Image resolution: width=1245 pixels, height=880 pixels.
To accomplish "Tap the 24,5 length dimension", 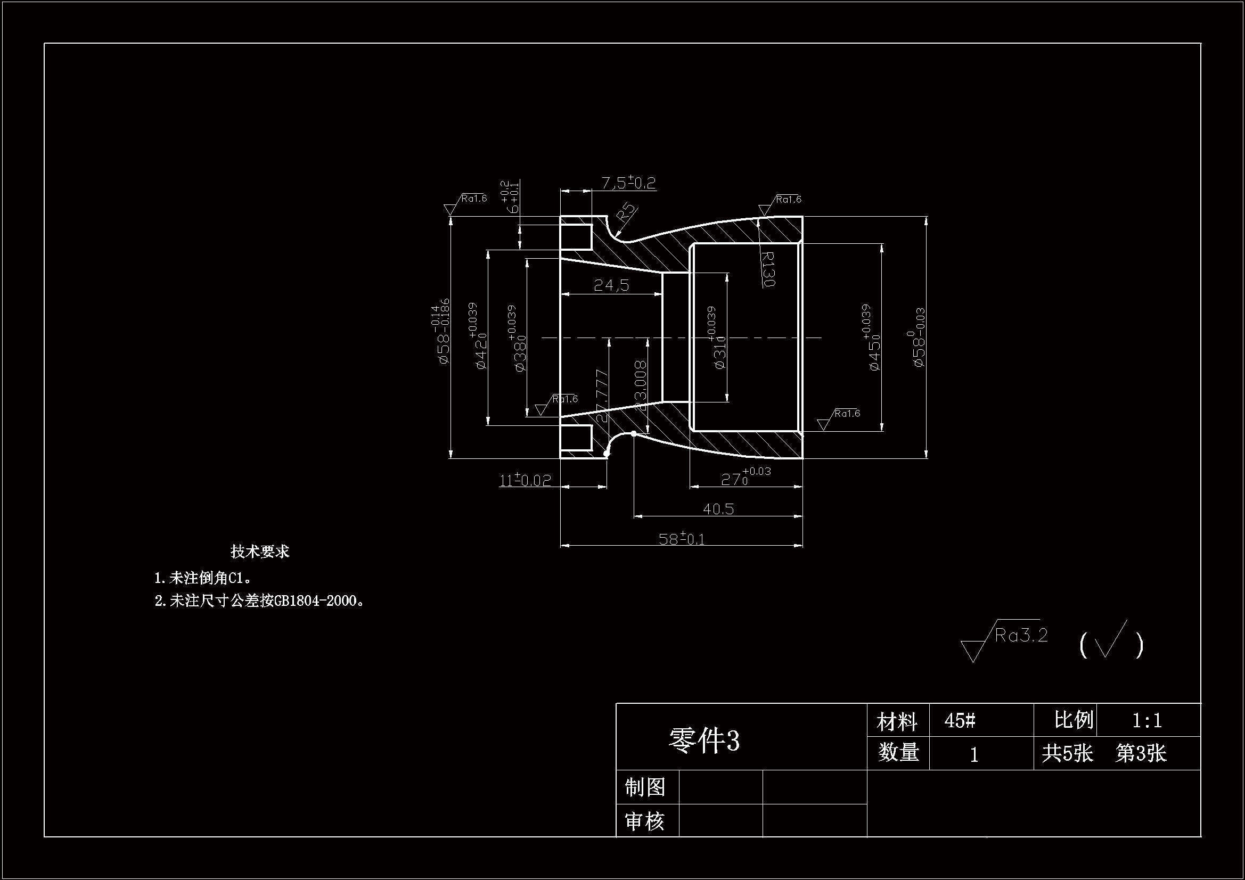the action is [611, 285].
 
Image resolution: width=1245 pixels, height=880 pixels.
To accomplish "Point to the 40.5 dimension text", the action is [718, 508].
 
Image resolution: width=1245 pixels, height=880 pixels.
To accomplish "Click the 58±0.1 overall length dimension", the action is [681, 538].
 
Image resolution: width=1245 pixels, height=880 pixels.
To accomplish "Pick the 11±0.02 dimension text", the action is [525, 480].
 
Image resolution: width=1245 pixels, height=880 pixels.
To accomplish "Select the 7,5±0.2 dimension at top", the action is [628, 183].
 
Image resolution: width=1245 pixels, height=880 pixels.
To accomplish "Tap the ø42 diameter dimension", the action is [477, 336].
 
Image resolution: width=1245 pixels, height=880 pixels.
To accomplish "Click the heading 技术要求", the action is [260, 552].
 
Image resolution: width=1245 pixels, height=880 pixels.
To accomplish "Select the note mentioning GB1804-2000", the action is [259, 601].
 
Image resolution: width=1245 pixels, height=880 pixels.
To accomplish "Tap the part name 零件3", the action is [704, 740].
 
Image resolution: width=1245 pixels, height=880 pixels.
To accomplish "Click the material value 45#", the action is [960, 721].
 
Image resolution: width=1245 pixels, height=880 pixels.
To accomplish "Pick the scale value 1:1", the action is [1147, 720].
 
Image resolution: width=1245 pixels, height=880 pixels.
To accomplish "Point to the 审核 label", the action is [645, 821].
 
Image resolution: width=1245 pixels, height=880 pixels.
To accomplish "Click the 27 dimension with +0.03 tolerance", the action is [745, 477].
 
